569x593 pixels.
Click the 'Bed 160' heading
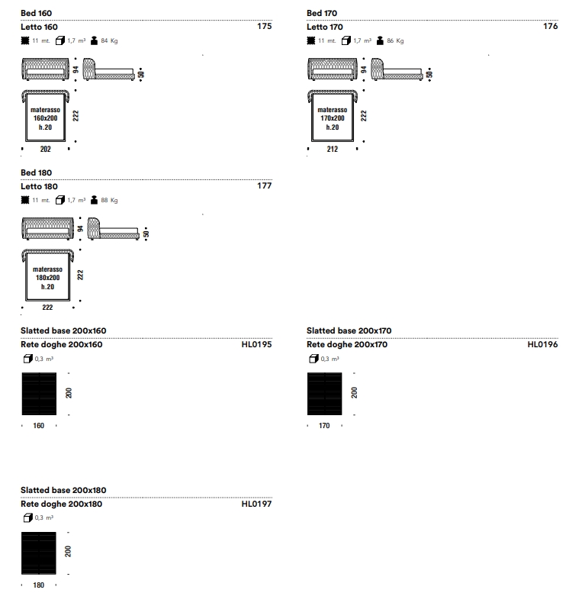(37, 13)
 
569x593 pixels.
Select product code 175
(264, 26)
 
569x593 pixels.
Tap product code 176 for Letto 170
(551, 26)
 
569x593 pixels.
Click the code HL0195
(257, 344)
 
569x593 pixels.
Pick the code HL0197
(257, 504)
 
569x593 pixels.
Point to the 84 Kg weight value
(109, 41)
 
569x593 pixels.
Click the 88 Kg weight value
(109, 201)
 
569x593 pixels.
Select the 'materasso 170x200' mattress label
(333, 114)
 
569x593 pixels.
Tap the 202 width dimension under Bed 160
(45, 149)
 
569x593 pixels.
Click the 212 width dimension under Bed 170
(333, 149)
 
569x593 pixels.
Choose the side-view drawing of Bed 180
(114, 228)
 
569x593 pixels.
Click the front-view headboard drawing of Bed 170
(333, 69)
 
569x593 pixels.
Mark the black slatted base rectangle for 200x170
(325, 394)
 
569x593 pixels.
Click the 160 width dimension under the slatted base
(39, 426)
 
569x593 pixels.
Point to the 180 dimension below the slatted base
(39, 585)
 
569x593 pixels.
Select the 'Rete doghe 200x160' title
(62, 344)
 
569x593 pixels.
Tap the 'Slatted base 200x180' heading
(63, 490)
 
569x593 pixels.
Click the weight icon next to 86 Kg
(380, 40)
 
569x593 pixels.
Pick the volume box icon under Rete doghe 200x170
(313, 359)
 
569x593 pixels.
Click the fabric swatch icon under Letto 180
(25, 200)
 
